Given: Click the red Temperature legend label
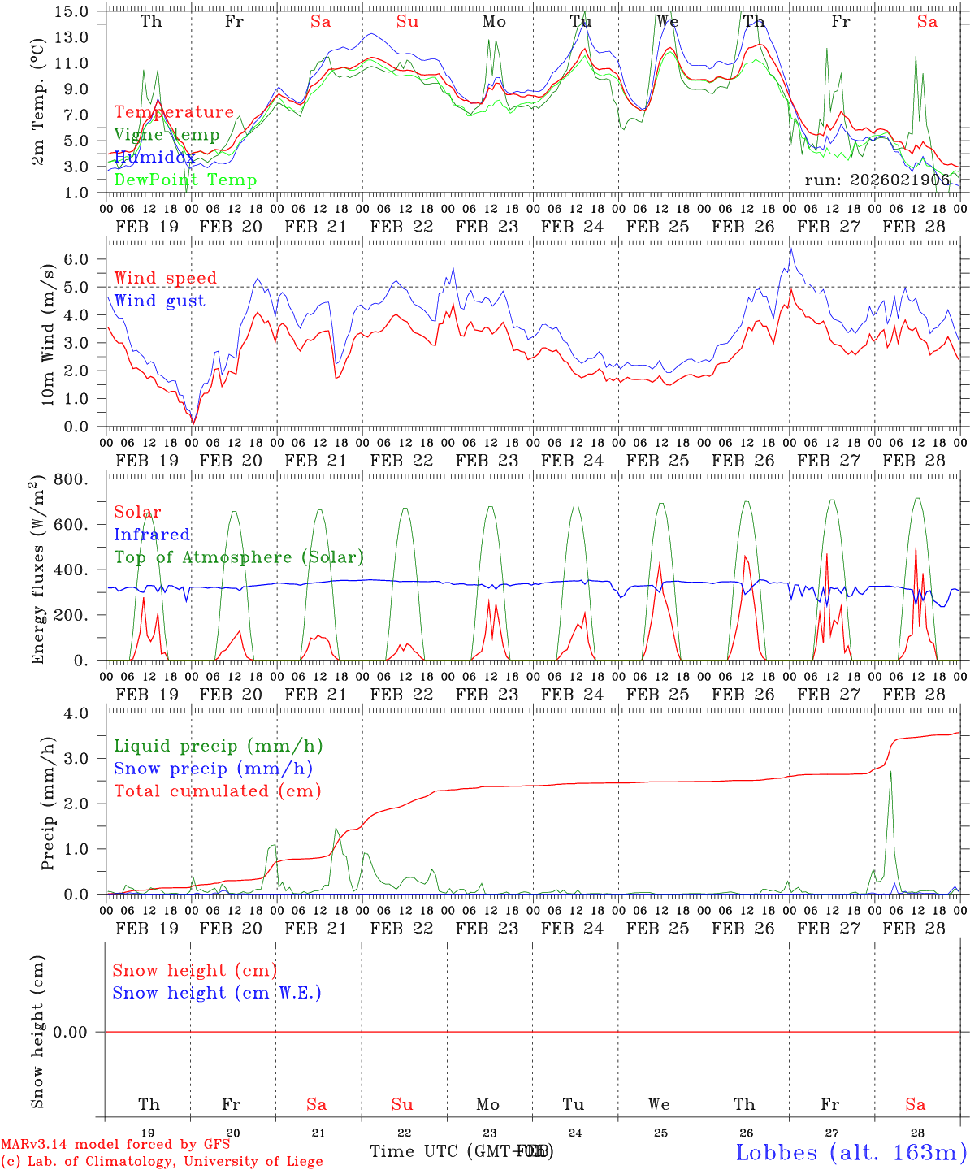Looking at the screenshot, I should [174, 112].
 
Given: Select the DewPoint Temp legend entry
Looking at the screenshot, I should [185, 180].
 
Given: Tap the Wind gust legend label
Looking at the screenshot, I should [159, 301].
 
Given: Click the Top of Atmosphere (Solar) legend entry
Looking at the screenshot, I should [239, 557].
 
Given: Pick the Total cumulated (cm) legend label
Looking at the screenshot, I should [217, 791].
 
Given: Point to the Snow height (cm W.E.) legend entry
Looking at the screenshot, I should [217, 993].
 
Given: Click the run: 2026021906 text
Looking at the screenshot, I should [877, 180].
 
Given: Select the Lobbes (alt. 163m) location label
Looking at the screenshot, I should [851, 1151].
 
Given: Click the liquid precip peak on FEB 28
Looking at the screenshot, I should [890, 772].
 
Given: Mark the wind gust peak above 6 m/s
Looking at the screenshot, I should [790, 249].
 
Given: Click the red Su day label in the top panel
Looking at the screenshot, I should [407, 22].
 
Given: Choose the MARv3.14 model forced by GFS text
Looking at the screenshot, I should [115, 1145].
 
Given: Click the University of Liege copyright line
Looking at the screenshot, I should [162, 1162].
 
